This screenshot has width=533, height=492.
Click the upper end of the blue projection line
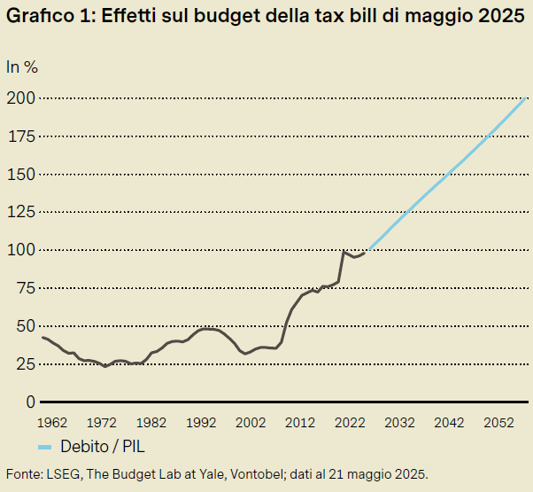[x=528, y=97]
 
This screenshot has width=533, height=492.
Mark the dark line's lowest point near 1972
[x=105, y=366]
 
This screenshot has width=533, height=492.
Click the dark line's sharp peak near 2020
[x=344, y=252]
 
